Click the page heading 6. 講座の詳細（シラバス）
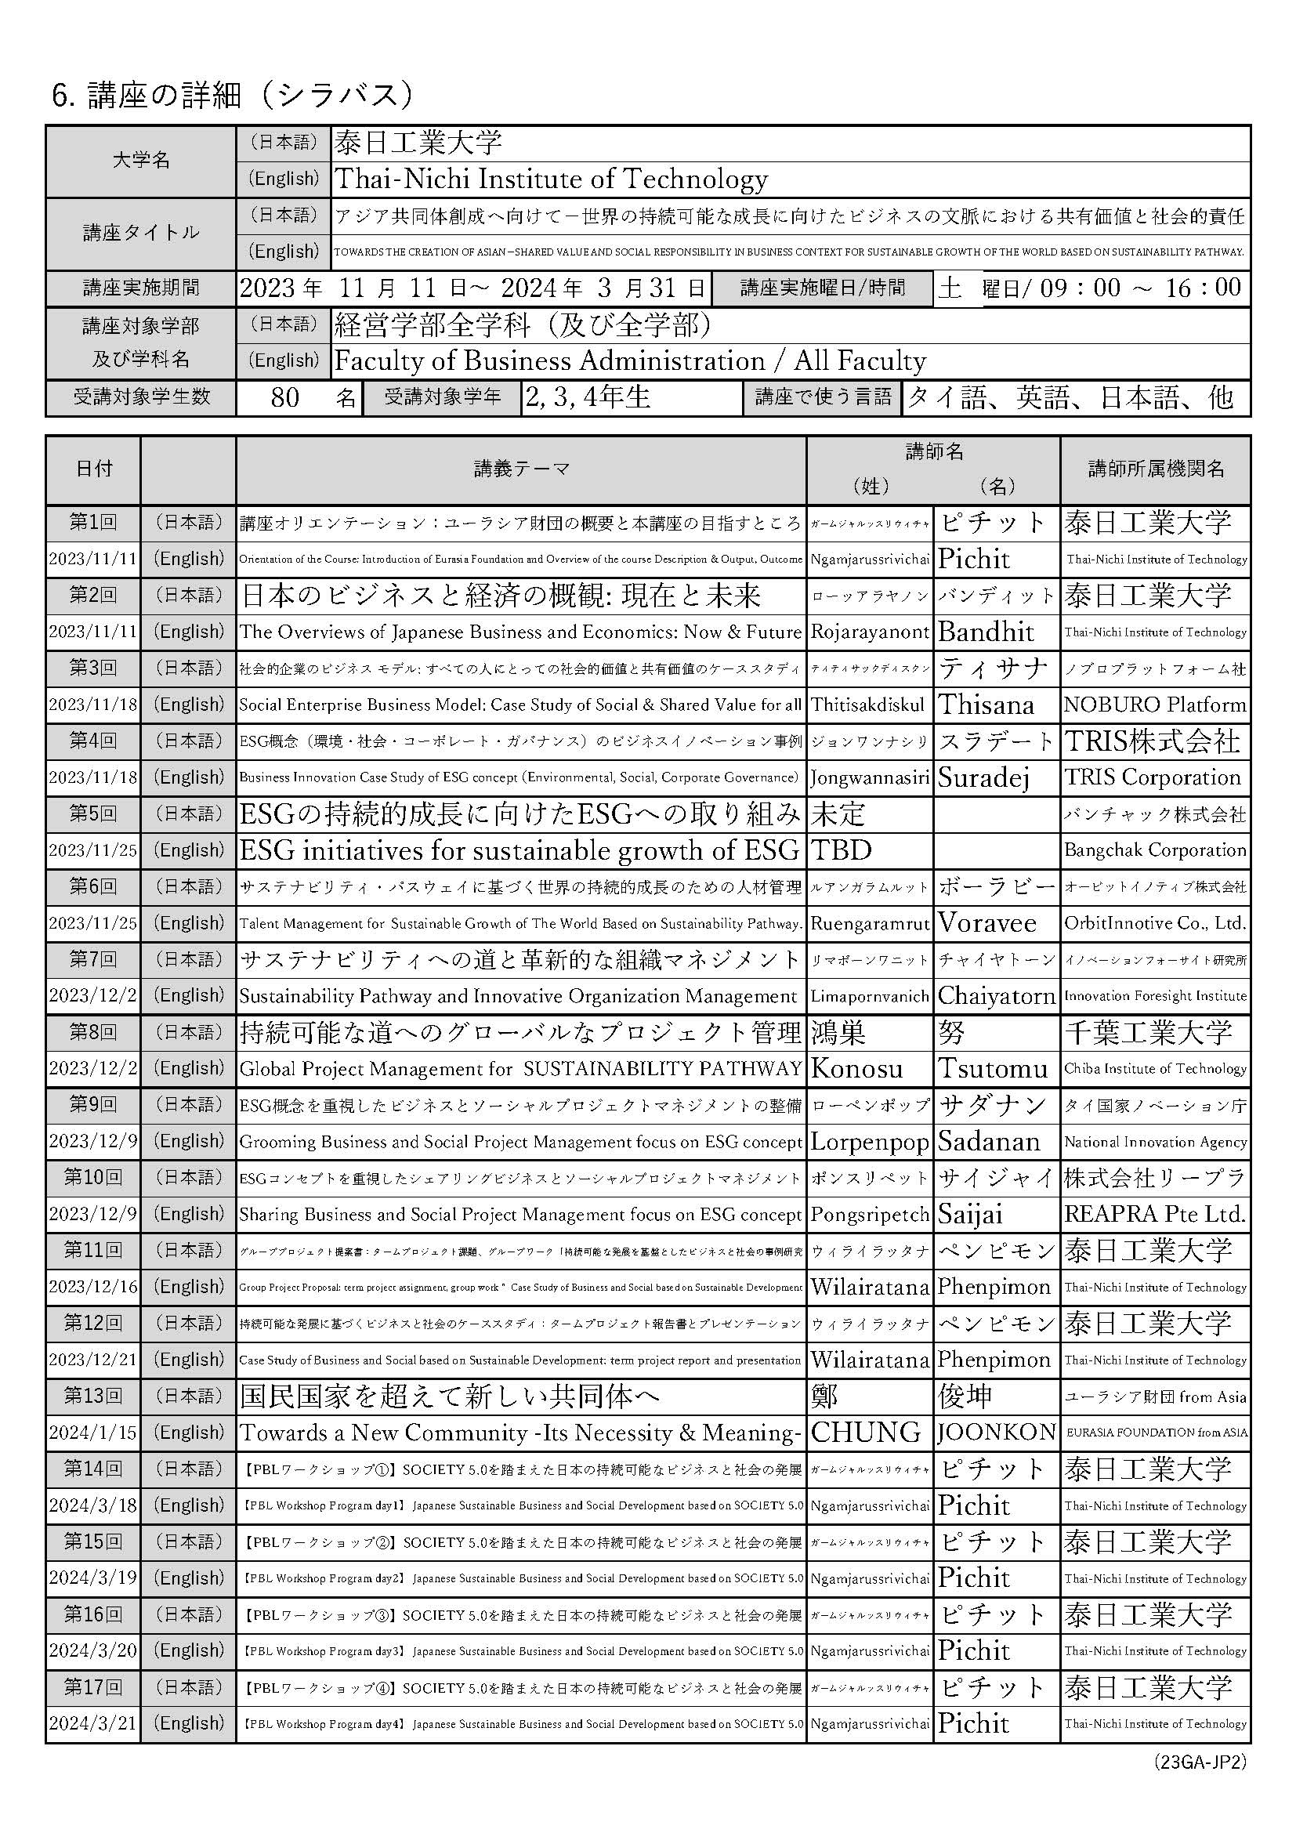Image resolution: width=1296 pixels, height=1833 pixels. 233,96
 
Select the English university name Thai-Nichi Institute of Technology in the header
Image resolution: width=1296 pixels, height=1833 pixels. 551,179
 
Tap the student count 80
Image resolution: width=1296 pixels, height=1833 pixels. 285,397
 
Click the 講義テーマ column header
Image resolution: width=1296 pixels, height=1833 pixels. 521,469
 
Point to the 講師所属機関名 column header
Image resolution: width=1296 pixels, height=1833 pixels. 1156,469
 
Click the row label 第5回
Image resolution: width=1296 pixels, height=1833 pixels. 93,813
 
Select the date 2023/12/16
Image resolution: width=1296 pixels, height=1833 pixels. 93,1287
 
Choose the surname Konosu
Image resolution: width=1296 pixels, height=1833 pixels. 857,1069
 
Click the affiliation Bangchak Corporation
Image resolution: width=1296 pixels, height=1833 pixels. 1155,850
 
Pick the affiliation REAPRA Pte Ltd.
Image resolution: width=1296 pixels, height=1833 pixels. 1155,1214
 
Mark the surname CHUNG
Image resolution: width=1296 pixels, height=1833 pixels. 865,1433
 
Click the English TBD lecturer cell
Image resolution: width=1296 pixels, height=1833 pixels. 841,850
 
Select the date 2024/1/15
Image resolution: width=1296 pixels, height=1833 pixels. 93,1433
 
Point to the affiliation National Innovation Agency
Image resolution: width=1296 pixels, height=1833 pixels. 1155,1142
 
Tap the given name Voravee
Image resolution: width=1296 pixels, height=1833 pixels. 987,924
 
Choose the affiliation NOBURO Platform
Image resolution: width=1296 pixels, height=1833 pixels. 1155,705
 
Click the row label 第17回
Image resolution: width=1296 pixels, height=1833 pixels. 93,1687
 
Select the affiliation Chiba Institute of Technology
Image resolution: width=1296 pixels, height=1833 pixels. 1155,1069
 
